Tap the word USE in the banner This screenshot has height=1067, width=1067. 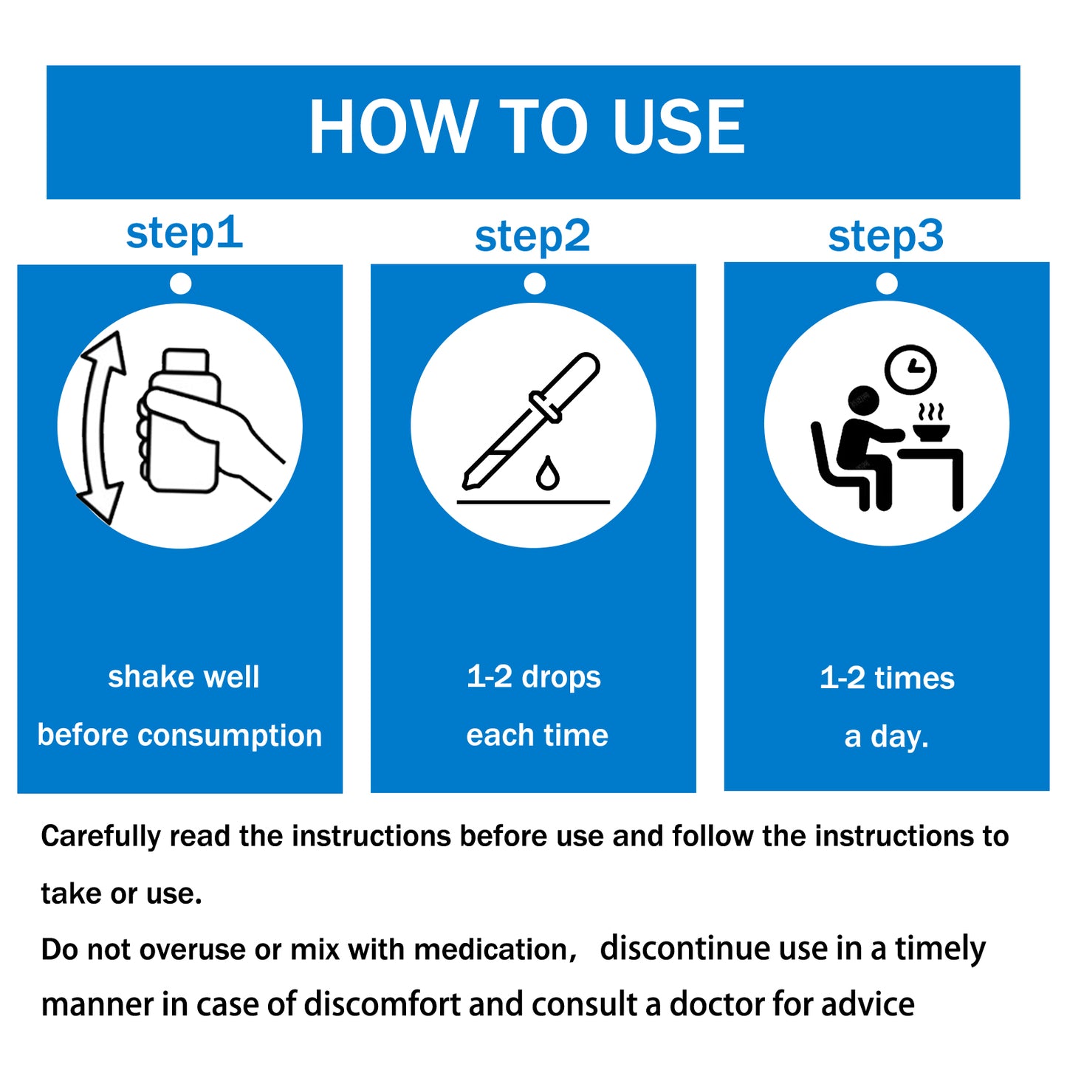coord(679,126)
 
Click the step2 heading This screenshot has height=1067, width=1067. coord(532,238)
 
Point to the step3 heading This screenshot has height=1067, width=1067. coord(885,238)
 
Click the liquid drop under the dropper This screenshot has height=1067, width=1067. coord(547,473)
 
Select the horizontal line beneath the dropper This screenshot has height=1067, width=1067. coord(532,502)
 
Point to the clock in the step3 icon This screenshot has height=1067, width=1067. coord(910,370)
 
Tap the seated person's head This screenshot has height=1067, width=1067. coord(864,402)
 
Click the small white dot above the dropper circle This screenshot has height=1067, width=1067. coord(535,284)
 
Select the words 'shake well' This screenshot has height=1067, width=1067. coord(183,676)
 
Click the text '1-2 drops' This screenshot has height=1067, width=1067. coord(533,677)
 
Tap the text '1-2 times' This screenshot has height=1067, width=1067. coord(887,679)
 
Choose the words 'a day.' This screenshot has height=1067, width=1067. coord(886,737)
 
